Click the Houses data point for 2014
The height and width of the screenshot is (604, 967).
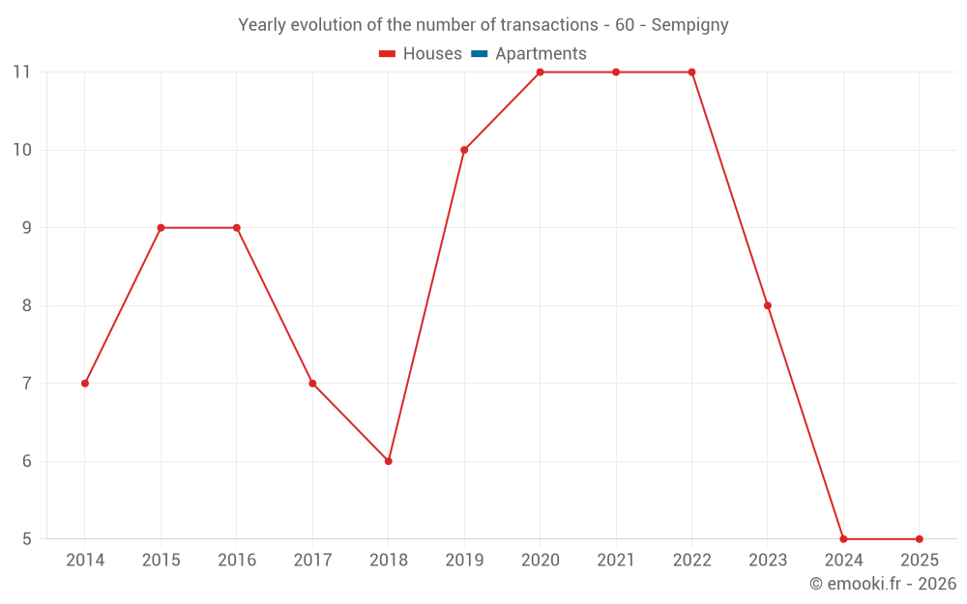click(x=85, y=384)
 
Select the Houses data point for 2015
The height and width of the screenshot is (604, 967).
click(x=161, y=228)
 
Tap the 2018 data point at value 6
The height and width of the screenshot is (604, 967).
click(x=388, y=461)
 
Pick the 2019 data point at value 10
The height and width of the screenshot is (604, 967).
click(x=464, y=150)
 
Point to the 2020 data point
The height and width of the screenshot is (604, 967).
click(x=540, y=72)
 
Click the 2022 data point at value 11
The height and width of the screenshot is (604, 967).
click(x=691, y=72)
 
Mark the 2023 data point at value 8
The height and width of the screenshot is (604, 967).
click(x=768, y=305)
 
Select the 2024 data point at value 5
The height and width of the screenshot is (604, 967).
click(x=843, y=539)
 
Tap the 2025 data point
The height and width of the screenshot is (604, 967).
click(x=919, y=539)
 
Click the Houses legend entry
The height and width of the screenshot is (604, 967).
click(x=431, y=54)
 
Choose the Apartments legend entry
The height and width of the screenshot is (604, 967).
click(x=541, y=54)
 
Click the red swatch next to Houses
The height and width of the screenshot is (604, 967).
click(x=388, y=54)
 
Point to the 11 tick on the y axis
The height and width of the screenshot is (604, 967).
click(x=22, y=72)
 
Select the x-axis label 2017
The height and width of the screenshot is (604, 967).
click(x=312, y=561)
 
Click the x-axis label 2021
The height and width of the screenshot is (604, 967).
click(x=616, y=561)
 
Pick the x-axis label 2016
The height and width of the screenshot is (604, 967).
click(x=237, y=561)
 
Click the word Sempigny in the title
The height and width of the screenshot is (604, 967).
click(x=689, y=25)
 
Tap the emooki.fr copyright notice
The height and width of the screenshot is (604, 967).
click(x=882, y=584)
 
